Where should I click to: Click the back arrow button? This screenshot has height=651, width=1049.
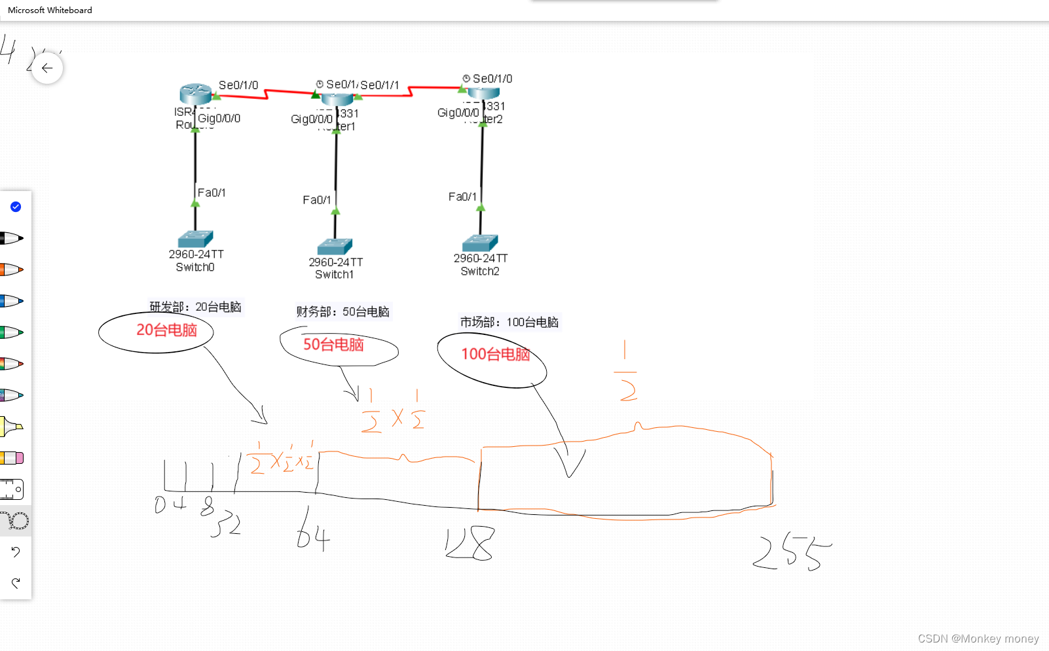(x=47, y=68)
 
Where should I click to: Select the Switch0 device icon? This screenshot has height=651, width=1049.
(x=195, y=238)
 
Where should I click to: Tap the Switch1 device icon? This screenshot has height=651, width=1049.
(x=335, y=247)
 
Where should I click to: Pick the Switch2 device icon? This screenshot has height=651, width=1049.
(x=480, y=243)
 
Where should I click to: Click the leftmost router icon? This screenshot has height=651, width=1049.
(x=195, y=94)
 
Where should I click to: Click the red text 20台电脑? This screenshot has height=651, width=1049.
(x=166, y=330)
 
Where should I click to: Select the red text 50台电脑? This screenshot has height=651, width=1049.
(x=333, y=345)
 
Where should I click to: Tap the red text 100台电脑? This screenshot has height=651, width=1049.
(x=495, y=355)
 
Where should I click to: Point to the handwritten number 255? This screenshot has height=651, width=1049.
(x=791, y=553)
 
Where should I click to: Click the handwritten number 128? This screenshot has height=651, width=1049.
(x=469, y=543)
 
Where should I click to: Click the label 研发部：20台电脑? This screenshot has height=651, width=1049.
(x=195, y=307)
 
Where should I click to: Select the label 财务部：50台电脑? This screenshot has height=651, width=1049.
(x=342, y=312)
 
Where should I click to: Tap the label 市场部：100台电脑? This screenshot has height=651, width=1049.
(x=509, y=322)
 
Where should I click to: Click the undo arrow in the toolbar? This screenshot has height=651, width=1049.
(x=16, y=552)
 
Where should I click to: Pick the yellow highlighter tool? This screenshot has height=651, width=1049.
(x=12, y=427)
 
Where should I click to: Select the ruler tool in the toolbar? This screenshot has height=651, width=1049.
(x=12, y=489)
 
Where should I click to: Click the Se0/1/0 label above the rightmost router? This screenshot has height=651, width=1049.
(x=492, y=79)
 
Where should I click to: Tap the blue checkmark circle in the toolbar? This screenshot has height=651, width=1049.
(x=16, y=207)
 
